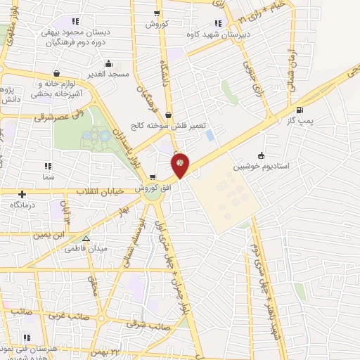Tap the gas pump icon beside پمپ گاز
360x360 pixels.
[300, 109]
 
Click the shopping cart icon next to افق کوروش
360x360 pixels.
[153, 176]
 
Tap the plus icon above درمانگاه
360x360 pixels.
[22, 194]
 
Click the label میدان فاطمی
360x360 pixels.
[86, 250]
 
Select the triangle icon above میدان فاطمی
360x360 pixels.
[86, 239]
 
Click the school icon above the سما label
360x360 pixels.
[48, 167]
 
